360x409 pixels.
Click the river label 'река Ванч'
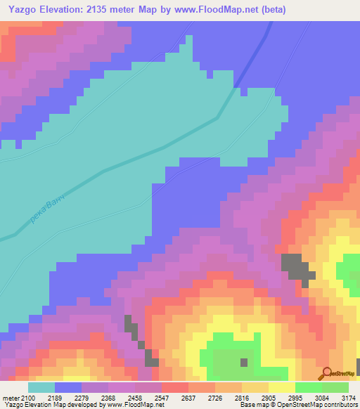47,209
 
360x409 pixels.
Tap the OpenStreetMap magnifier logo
326,374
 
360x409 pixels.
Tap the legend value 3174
349,398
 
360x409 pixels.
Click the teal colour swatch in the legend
41,387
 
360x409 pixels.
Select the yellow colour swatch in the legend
281,387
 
